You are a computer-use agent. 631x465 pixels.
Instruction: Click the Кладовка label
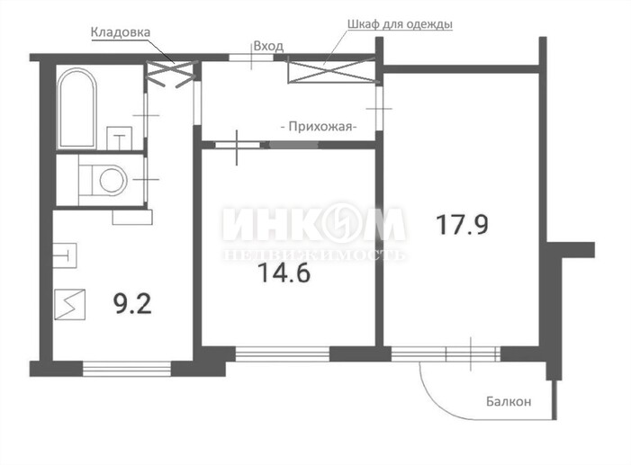[121, 32]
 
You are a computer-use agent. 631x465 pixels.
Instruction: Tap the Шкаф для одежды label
[400, 23]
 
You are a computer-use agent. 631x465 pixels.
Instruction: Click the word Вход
[268, 46]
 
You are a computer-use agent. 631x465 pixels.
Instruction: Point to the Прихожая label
[319, 127]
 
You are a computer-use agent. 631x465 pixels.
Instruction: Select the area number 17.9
[463, 225]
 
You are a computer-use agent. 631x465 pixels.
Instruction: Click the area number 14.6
[284, 273]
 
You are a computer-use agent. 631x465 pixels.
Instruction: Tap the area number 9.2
[133, 304]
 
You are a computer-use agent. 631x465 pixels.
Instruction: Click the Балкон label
[509, 401]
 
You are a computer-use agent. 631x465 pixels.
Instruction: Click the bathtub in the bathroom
[77, 108]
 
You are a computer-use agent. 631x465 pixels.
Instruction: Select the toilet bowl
[103, 180]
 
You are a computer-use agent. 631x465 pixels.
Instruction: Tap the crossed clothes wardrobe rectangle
[331, 71]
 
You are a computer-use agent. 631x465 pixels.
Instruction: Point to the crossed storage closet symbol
[172, 74]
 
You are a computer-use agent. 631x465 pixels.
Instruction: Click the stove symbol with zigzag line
[70, 305]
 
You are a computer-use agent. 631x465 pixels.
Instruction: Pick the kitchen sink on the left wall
[65, 255]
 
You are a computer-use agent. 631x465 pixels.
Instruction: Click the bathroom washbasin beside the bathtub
[119, 139]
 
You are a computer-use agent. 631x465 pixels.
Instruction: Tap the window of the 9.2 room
[127, 369]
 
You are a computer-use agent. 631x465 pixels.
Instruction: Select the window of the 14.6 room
[282, 354]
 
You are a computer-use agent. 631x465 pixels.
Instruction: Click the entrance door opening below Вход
[251, 58]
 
